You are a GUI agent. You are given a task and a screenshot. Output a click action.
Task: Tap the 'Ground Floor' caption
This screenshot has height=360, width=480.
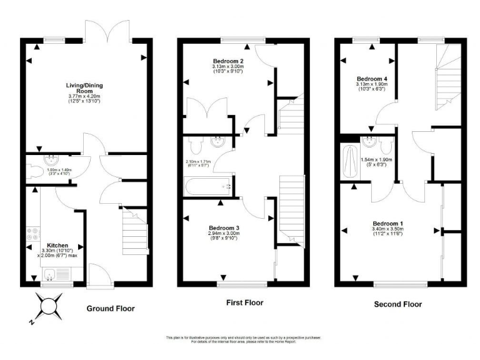(x=110, y=308)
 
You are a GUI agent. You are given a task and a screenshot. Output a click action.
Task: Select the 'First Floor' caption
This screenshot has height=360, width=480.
(x=244, y=302)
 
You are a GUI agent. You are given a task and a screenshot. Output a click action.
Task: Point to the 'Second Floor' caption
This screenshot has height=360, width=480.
(x=397, y=304)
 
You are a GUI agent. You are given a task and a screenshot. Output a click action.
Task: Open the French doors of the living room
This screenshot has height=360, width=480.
(x=101, y=30)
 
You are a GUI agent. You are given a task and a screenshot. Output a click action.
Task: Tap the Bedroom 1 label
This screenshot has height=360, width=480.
(x=388, y=223)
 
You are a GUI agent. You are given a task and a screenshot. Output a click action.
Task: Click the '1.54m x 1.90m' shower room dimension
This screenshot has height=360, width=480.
(x=377, y=159)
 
